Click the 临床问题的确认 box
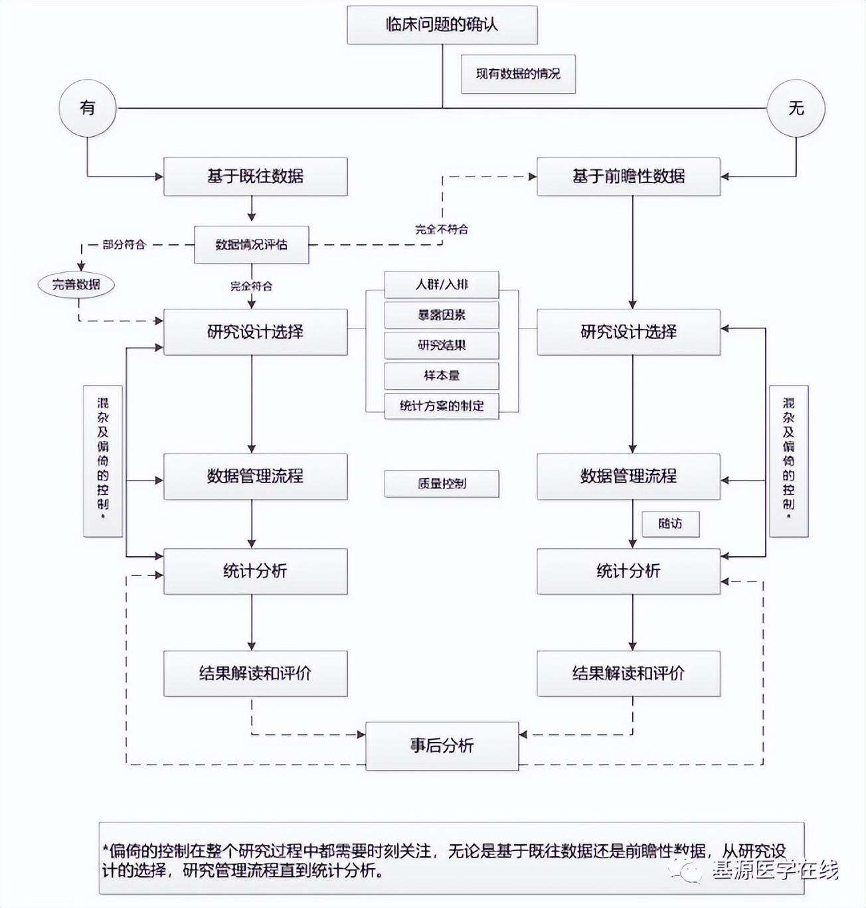coord(442,25)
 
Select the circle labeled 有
coord(88,108)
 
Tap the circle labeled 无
coord(796,108)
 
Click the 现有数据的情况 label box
coord(518,74)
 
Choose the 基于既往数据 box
coord(255,177)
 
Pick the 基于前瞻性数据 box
coord(628,177)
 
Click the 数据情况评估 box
coord(251,245)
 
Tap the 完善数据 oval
coord(76,285)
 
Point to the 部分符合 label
coord(124,245)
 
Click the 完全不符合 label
coord(442,230)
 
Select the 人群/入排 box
coord(442,285)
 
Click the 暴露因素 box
coord(442,315)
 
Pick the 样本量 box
coord(442,376)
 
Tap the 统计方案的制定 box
coord(442,406)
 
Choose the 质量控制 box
coord(442,484)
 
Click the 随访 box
coord(670,524)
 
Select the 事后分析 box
coord(442,746)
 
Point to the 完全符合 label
coord(251,287)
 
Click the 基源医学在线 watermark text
coord(775,870)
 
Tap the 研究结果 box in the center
coord(442,345)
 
